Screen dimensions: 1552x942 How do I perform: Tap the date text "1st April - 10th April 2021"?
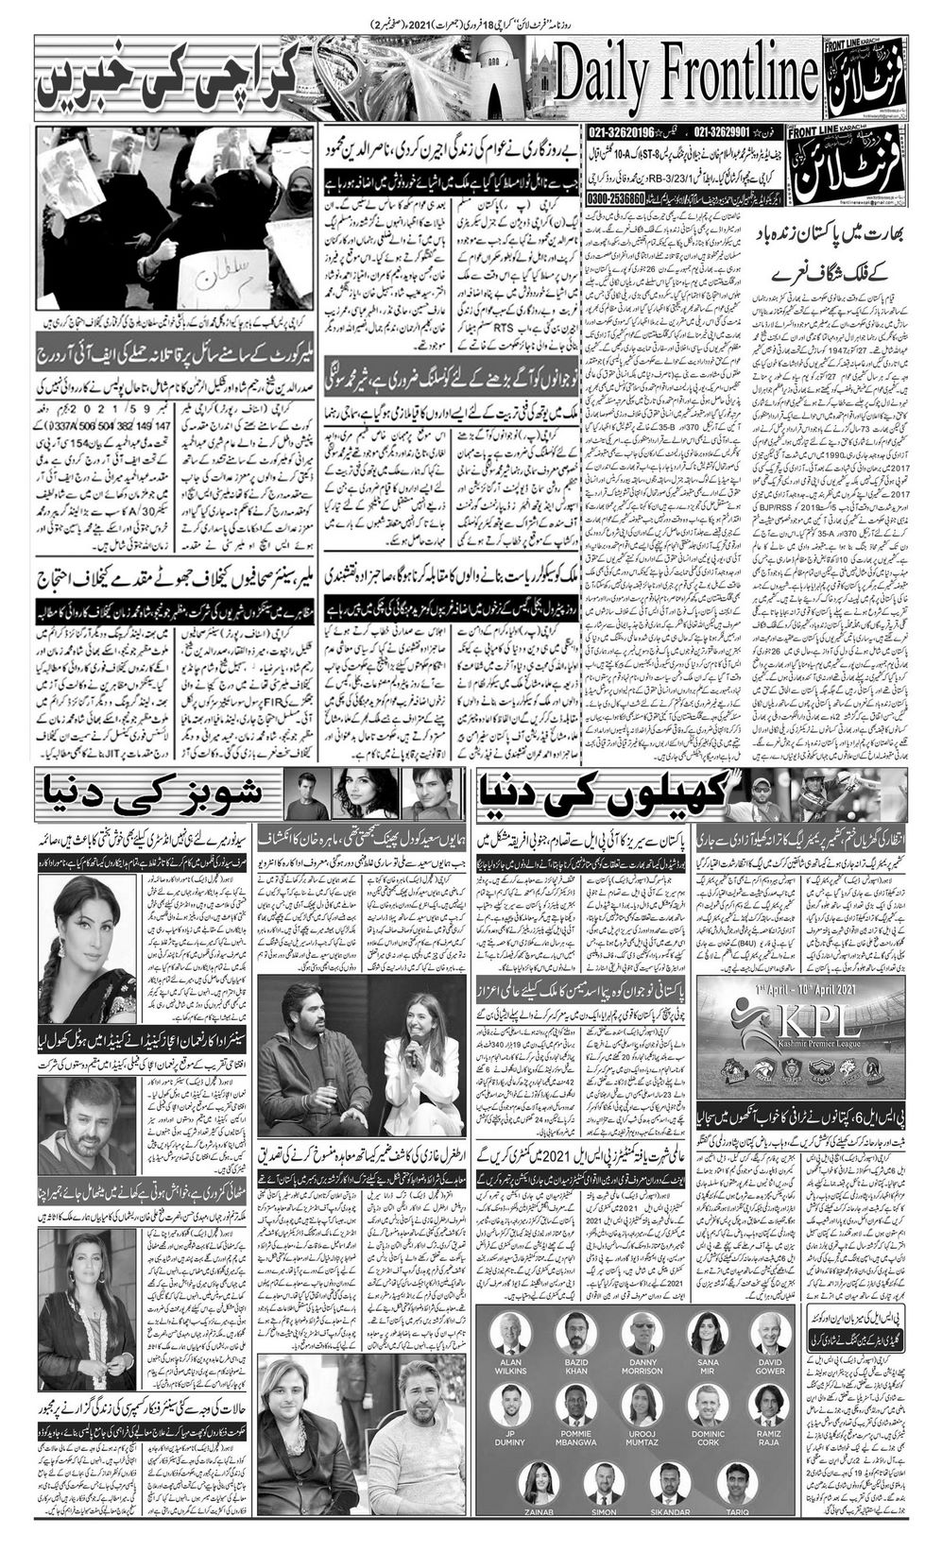(798, 988)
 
